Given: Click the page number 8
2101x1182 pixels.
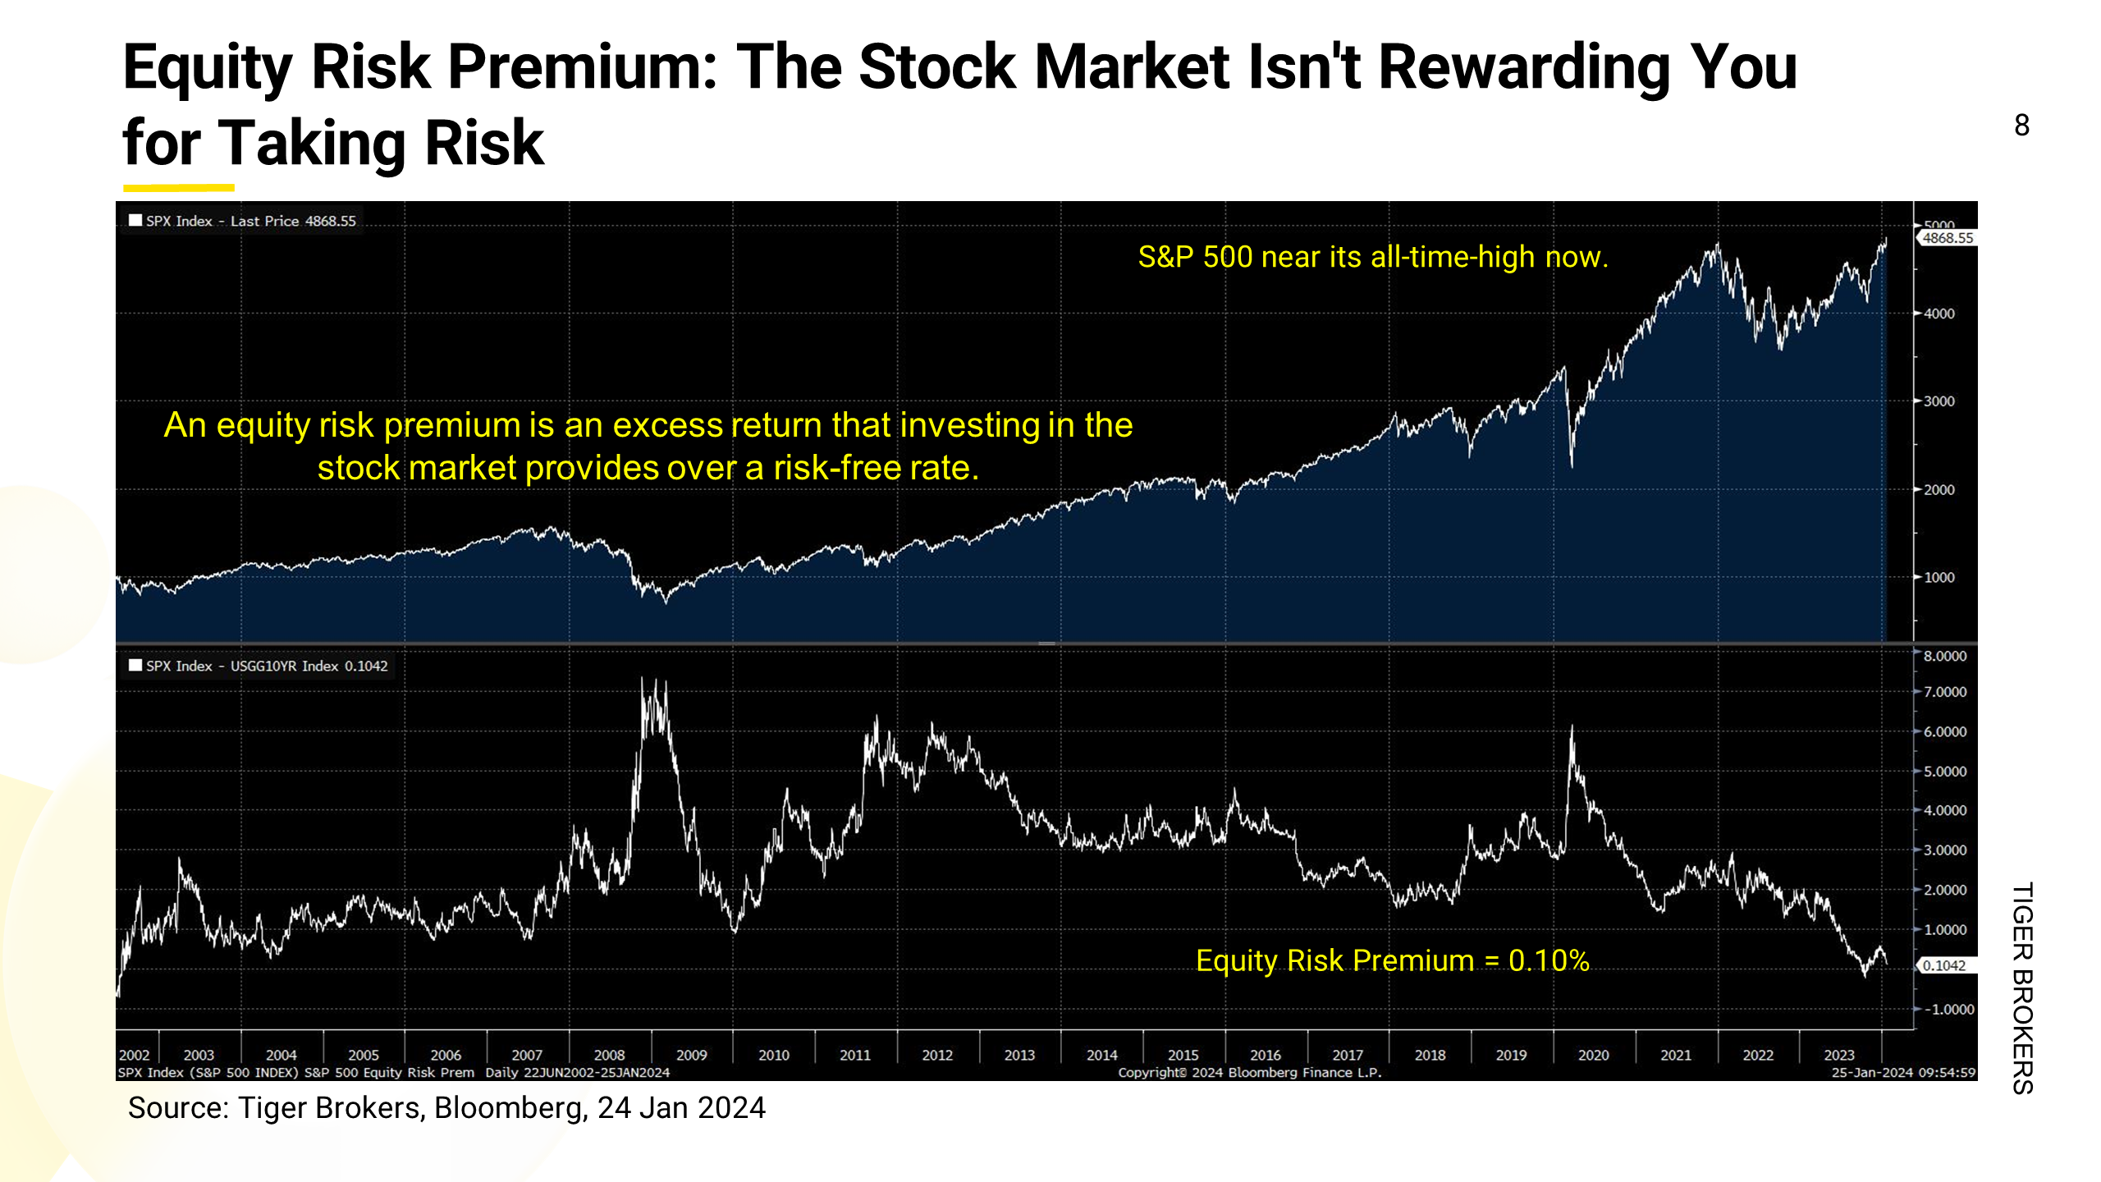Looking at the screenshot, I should (2021, 126).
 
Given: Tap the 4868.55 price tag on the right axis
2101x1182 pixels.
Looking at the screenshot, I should (1948, 238).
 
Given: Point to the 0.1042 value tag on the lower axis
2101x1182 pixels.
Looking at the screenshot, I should (1944, 965).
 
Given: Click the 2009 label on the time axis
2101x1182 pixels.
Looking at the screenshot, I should (691, 1055).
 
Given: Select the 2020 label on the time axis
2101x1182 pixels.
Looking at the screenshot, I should (1593, 1055).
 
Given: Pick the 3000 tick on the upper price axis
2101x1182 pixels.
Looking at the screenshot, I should (1939, 401).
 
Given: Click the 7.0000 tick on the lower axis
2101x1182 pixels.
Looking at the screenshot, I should (1945, 692).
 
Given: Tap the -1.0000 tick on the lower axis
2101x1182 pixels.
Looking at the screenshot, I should (1948, 1009).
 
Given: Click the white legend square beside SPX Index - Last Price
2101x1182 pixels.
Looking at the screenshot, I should (135, 220).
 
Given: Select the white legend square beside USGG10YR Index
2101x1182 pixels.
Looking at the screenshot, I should (135, 665).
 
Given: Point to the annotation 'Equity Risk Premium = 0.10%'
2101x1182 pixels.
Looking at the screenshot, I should (1392, 960).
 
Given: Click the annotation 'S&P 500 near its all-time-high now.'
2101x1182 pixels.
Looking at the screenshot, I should (1372, 257).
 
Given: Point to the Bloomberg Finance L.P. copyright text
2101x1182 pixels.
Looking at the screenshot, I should (1249, 1073).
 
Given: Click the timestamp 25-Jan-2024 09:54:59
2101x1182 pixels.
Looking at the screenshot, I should (1902, 1073).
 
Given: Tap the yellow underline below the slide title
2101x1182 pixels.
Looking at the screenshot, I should (179, 188).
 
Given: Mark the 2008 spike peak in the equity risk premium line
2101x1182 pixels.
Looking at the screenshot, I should (643, 680).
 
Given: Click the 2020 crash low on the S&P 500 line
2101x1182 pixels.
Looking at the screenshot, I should (1572, 466).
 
